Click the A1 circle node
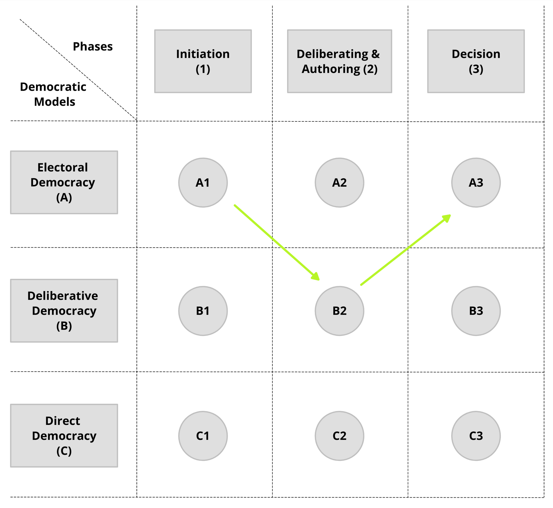tap(203, 182)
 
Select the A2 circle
tap(339, 182)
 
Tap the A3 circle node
tap(476, 182)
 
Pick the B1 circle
tap(203, 311)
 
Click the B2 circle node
tap(339, 311)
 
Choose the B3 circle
tap(476, 311)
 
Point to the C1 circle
tap(203, 436)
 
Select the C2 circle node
tap(339, 436)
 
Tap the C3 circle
tap(476, 436)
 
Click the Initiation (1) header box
tap(203, 61)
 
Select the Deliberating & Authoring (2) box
tap(339, 61)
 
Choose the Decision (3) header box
tap(476, 61)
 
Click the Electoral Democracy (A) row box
tap(64, 182)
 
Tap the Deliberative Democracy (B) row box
tap(64, 311)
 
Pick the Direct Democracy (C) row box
tap(64, 436)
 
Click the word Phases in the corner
tap(93, 47)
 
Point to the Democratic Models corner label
tap(53, 94)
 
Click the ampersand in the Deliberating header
tap(376, 54)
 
